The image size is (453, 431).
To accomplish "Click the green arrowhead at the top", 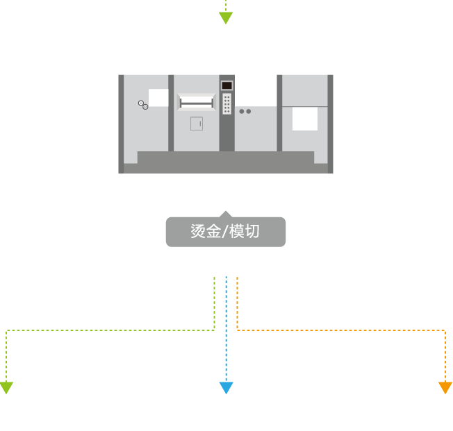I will click(x=226, y=18).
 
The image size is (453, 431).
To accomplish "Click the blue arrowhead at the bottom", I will click(x=226, y=387).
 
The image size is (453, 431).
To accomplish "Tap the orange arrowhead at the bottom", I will click(x=445, y=387).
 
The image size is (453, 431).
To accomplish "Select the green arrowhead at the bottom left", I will click(x=6, y=387).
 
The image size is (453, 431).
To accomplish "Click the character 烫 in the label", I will click(x=199, y=232).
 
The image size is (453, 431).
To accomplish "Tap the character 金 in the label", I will click(x=215, y=232).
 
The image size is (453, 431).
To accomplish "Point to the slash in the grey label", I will click(x=225, y=232).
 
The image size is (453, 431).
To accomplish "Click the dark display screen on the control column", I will click(x=226, y=85).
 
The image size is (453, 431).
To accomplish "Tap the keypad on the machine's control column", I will click(x=226, y=105).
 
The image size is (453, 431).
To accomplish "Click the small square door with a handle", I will click(x=197, y=124).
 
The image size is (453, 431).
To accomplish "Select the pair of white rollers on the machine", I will click(x=143, y=105).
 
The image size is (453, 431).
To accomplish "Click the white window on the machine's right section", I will click(x=305, y=118).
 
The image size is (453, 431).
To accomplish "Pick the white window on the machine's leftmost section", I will click(x=158, y=97).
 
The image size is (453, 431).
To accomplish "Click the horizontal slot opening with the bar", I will click(x=195, y=103).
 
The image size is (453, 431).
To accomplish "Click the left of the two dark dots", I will click(x=242, y=111).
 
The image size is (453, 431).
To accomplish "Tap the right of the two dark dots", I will click(x=249, y=111).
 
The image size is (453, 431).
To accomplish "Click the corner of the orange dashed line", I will click(x=445, y=330).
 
